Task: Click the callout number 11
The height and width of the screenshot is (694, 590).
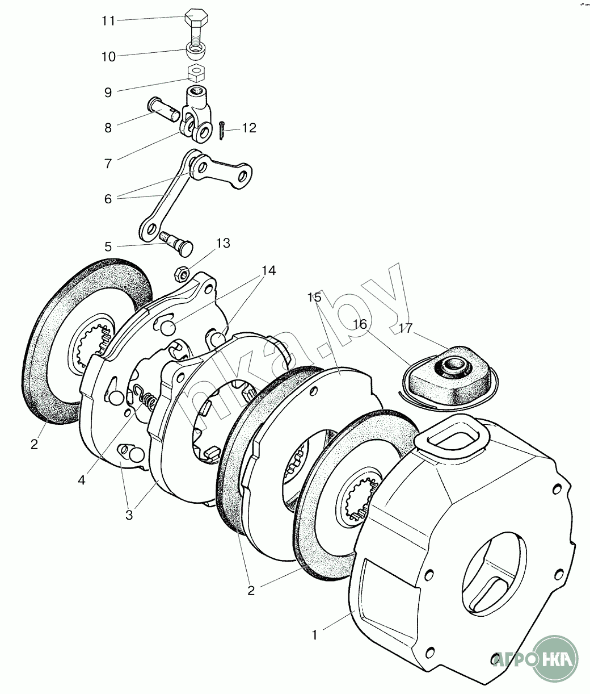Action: click(x=108, y=21)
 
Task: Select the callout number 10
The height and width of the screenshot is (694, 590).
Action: click(x=108, y=57)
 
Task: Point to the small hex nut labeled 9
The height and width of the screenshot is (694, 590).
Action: click(x=196, y=73)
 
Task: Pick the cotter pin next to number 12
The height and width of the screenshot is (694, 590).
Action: click(x=221, y=132)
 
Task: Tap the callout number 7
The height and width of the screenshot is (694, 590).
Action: click(x=108, y=164)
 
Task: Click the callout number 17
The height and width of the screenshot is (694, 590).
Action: click(x=406, y=328)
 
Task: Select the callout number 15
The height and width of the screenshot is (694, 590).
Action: click(x=314, y=297)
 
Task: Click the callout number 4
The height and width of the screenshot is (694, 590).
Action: click(x=82, y=480)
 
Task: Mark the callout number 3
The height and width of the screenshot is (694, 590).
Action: click(x=129, y=516)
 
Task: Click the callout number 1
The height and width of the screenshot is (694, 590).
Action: click(x=314, y=634)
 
